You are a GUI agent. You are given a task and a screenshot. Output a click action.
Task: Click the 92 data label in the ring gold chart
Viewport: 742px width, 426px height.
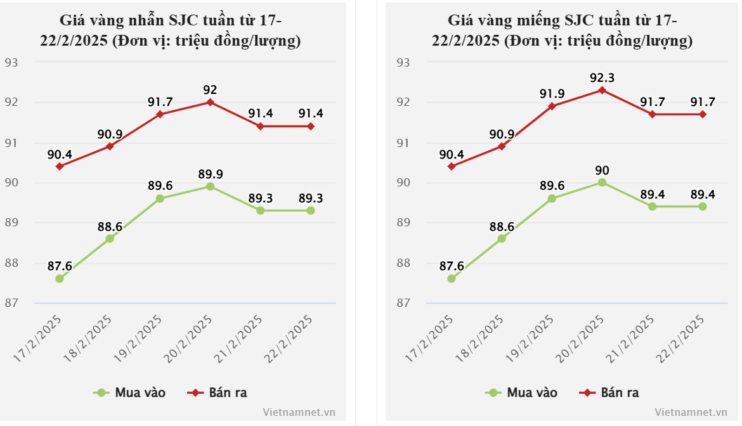(x=210, y=89)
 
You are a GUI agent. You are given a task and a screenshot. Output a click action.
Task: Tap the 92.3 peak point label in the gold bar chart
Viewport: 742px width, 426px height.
(x=602, y=78)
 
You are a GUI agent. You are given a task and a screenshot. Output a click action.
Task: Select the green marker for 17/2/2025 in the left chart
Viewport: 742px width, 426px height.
(x=60, y=278)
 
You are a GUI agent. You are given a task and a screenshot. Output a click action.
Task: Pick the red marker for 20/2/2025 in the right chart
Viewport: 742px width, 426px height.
(x=602, y=90)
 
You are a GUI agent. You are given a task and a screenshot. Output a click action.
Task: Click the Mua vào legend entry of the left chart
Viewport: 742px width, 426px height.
(x=129, y=392)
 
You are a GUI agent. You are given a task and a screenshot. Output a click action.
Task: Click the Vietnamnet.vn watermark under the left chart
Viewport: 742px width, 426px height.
(x=299, y=412)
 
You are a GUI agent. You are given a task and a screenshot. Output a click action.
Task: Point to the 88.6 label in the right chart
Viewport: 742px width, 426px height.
(x=502, y=226)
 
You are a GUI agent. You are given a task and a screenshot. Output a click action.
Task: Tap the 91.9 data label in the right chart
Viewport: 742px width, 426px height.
(x=552, y=94)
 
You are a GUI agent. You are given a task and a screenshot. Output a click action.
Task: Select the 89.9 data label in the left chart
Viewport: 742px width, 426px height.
(x=210, y=174)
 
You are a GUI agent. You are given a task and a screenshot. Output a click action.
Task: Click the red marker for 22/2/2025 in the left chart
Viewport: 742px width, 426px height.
(x=311, y=126)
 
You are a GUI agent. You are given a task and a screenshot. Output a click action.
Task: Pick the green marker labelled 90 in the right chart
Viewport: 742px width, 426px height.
(x=602, y=183)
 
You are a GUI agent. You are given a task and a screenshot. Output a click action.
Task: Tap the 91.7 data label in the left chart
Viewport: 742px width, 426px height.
(x=160, y=102)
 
